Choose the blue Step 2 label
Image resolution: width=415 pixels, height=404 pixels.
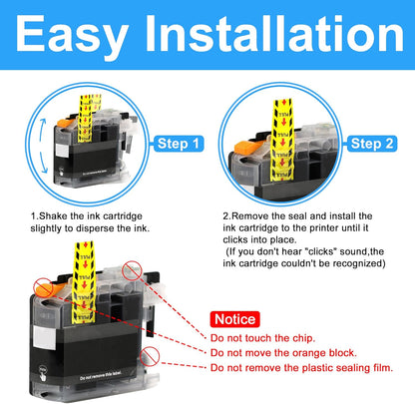tap(373, 144)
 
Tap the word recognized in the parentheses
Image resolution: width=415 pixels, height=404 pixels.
tap(348, 266)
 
